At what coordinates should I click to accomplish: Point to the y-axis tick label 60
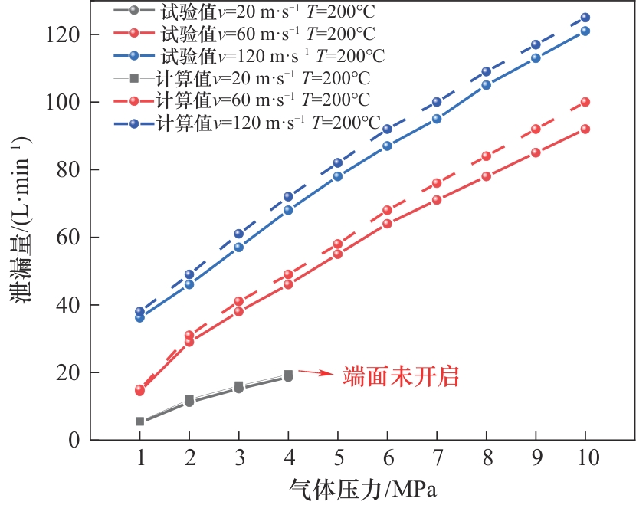pos(67,238)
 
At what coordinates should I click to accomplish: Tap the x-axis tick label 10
pos(585,459)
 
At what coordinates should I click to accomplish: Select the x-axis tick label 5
pos(337,459)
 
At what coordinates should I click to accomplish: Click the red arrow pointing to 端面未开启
pos(314,372)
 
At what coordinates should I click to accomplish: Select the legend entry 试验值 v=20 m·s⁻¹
pos(245,11)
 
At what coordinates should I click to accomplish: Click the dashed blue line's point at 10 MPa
pos(585,18)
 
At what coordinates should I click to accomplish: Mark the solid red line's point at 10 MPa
pos(585,129)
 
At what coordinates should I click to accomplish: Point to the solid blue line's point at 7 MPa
pos(437,119)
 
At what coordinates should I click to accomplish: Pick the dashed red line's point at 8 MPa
pos(486,156)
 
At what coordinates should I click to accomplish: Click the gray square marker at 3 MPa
pos(238,385)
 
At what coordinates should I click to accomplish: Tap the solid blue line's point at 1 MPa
pos(139,317)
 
